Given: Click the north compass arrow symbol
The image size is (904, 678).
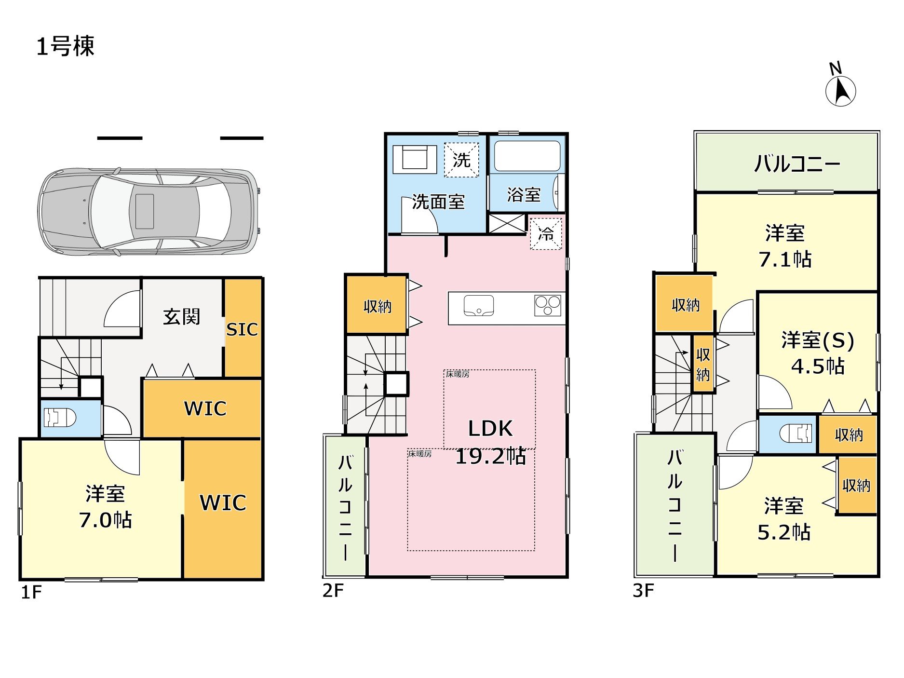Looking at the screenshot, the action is pyautogui.click(x=841, y=90).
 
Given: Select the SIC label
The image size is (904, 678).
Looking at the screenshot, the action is pyautogui.click(x=242, y=329).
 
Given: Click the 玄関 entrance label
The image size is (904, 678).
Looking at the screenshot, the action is pyautogui.click(x=181, y=317).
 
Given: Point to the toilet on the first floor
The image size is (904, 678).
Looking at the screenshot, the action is pyautogui.click(x=60, y=418).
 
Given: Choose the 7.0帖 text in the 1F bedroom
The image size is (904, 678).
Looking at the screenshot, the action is pyautogui.click(x=106, y=520).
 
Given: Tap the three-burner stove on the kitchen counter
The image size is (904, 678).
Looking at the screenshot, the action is pyautogui.click(x=548, y=306).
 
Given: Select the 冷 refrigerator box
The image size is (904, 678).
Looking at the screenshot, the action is pyautogui.click(x=546, y=234).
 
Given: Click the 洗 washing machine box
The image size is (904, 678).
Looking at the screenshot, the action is pyautogui.click(x=461, y=160).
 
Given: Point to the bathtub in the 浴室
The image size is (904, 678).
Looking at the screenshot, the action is pyautogui.click(x=527, y=156).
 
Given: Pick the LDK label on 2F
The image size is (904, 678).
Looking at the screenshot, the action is pyautogui.click(x=490, y=428).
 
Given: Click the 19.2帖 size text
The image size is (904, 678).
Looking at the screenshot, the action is pyautogui.click(x=490, y=456).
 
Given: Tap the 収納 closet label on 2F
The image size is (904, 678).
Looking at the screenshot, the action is pyautogui.click(x=378, y=306).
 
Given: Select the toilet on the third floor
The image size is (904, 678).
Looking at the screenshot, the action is pyautogui.click(x=796, y=433).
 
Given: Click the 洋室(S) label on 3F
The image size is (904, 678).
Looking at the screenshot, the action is pyautogui.click(x=818, y=340).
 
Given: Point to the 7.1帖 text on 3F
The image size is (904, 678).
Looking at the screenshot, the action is pyautogui.click(x=785, y=259).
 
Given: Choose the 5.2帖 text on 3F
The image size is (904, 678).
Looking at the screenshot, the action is pyautogui.click(x=784, y=532).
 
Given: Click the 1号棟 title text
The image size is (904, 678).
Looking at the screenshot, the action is pyautogui.click(x=65, y=46).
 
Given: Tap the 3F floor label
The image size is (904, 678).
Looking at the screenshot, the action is pyautogui.click(x=643, y=590).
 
